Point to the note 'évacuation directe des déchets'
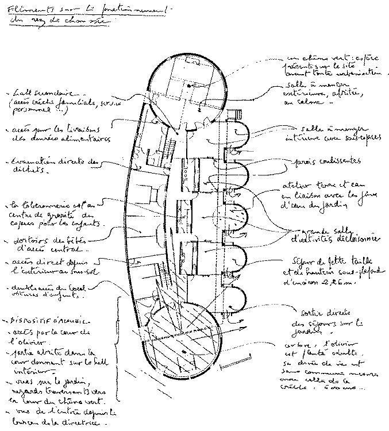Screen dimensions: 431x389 (55, 166)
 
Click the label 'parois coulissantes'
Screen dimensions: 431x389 (328, 161)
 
